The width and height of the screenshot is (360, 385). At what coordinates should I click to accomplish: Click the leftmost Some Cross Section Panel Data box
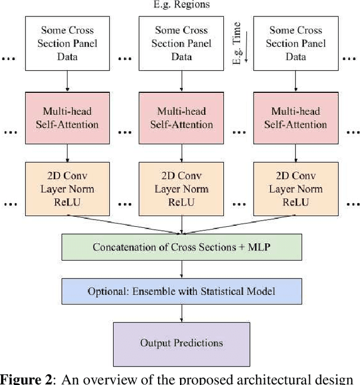(67, 44)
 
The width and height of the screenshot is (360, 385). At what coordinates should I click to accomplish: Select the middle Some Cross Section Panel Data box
(181, 44)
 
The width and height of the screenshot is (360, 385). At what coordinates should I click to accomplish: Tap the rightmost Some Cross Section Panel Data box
(295, 44)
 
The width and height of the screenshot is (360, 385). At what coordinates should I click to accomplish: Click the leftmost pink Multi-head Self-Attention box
(67, 118)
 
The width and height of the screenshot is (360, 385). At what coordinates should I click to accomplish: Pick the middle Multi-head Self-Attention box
(181, 118)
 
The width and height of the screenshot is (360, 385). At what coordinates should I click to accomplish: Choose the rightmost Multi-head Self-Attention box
(295, 118)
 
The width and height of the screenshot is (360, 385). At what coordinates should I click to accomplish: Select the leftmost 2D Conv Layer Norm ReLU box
(67, 189)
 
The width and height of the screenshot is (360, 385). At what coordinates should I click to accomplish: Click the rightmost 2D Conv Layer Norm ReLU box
(295, 189)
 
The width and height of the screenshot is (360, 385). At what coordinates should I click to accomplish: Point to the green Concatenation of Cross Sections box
(181, 247)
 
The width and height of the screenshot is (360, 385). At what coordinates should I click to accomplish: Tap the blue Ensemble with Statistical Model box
(181, 292)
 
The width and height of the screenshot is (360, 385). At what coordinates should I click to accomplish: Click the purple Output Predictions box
(181, 343)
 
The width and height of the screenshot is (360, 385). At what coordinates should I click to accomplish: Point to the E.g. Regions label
(181, 5)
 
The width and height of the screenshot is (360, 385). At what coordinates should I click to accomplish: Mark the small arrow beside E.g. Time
(246, 45)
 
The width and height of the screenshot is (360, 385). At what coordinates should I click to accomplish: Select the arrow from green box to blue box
(181, 269)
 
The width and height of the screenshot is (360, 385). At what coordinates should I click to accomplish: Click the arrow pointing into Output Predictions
(181, 314)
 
